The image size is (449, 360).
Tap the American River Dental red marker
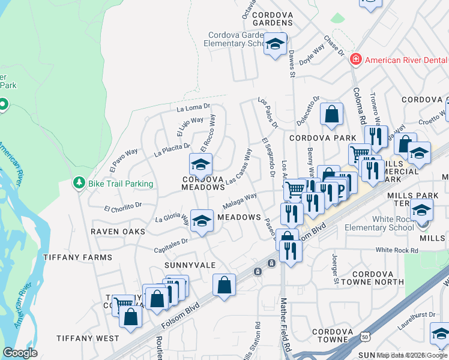356,59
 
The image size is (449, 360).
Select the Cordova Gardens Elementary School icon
276,44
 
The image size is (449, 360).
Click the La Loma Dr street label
193,108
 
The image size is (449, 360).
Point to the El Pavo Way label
124,158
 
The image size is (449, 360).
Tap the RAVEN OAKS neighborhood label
118,231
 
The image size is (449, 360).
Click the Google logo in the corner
20,352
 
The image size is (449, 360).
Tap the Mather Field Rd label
286,324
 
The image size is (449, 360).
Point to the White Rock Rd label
396,250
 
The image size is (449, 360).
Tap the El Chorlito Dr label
122,207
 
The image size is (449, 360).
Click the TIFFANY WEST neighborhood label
88,338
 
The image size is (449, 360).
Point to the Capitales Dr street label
172,242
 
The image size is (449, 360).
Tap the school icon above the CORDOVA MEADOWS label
201,163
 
